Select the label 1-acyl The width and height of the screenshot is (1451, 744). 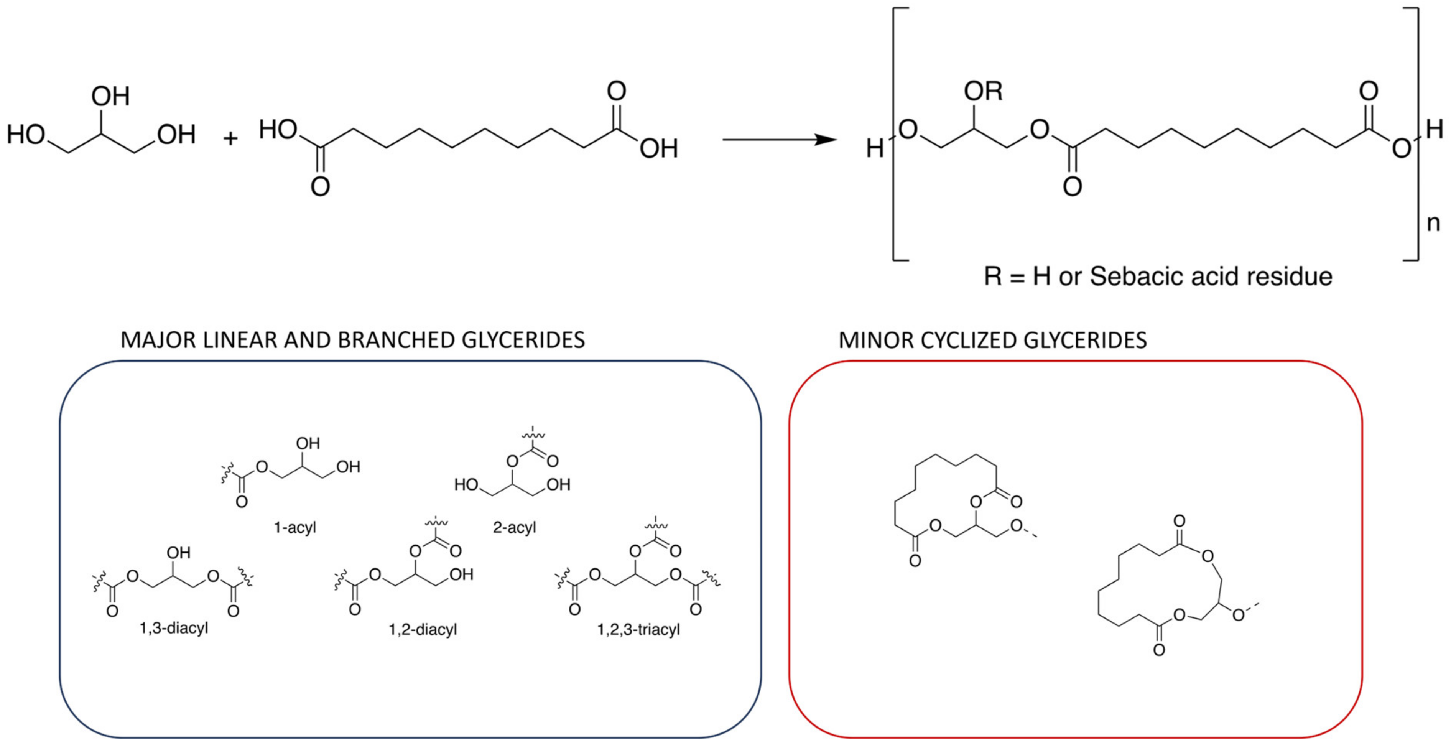click(x=294, y=528)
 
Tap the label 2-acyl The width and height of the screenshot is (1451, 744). click(x=514, y=528)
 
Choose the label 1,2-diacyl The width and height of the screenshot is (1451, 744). click(x=423, y=629)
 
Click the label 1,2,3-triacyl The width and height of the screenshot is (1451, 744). click(x=639, y=629)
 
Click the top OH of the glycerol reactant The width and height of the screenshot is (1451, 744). click(x=111, y=96)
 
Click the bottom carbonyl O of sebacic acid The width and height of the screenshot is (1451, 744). click(x=320, y=186)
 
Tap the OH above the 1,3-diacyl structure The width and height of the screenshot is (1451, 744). click(x=179, y=553)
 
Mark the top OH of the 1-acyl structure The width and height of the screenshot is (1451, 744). click(x=308, y=443)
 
